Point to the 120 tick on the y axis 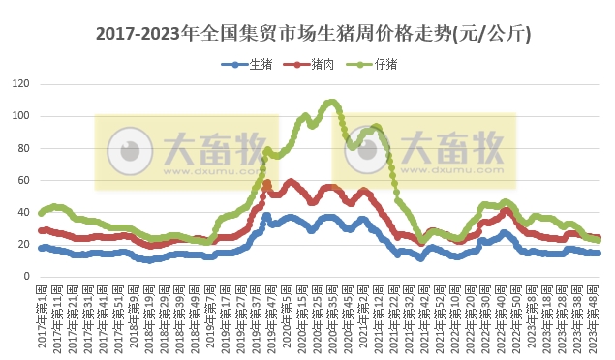click(x=19, y=84)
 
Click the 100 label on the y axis click(x=19, y=116)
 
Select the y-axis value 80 click(x=22, y=148)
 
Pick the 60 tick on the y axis click(x=22, y=180)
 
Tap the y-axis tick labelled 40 click(x=22, y=212)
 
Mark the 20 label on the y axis click(x=22, y=244)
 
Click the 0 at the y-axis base click(x=25, y=276)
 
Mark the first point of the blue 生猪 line click(x=41, y=248)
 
